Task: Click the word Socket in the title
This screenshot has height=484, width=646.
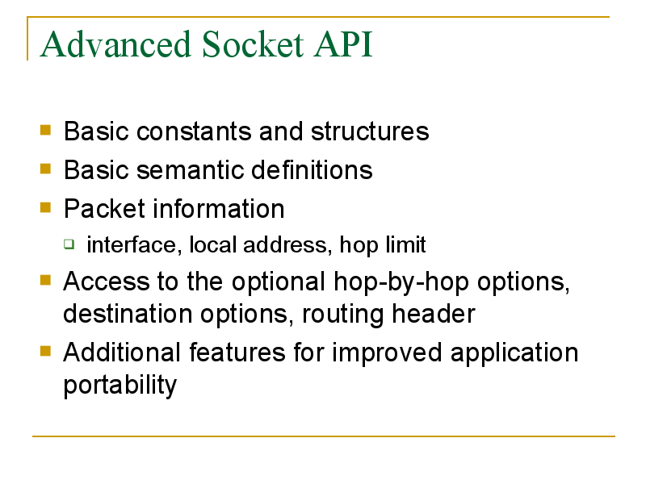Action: point(253,44)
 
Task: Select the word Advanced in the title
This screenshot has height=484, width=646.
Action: point(115,44)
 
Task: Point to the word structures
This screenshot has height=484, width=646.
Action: point(370,131)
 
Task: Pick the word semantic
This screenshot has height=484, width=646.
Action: point(190,170)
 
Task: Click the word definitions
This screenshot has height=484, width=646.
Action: point(312,170)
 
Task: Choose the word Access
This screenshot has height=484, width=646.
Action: point(106,282)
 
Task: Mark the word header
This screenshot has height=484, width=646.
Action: point(434,314)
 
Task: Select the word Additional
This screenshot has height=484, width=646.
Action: point(122,353)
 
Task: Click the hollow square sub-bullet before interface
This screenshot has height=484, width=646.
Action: point(69,244)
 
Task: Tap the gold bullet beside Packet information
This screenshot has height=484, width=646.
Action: point(45,207)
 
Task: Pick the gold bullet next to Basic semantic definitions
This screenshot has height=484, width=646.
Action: point(45,169)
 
